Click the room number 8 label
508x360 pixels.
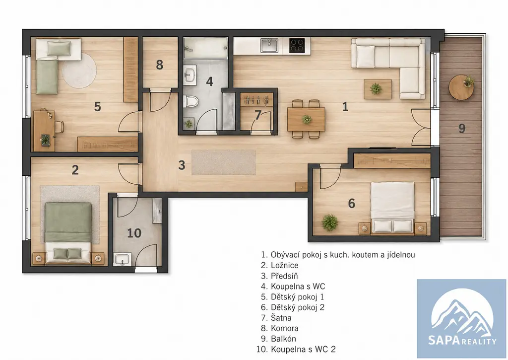pos(159,65)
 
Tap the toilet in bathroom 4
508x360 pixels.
pos(190,101)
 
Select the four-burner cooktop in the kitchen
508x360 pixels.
pos(297,45)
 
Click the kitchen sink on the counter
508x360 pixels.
pos(269,45)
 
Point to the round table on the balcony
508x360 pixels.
pos(461,87)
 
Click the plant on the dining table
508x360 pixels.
pos(307,119)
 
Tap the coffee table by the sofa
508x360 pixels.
pos(378,89)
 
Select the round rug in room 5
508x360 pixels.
pos(79,71)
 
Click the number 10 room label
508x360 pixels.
pos(134,233)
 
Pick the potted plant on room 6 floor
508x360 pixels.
pos(330,222)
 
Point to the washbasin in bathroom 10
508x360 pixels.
pos(122,259)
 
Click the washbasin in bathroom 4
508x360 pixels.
pos(190,74)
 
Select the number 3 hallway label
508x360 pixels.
pos(182,165)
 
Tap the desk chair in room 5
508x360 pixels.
pos(59,127)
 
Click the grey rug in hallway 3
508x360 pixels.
pos(223,162)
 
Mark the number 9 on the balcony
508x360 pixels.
pos(462,129)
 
